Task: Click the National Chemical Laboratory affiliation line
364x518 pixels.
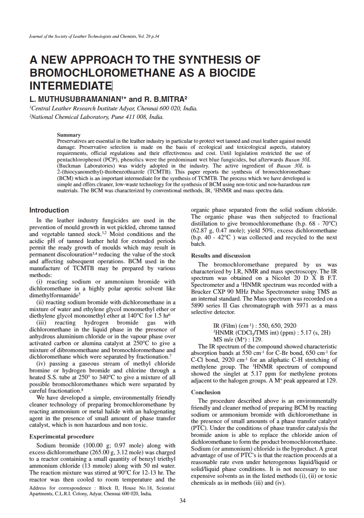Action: [97, 117]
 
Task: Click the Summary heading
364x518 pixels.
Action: [69, 135]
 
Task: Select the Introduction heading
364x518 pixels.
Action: [49, 210]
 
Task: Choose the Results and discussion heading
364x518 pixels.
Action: [221, 256]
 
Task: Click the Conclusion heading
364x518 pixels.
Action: [206, 392]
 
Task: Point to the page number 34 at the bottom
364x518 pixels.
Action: [182, 501]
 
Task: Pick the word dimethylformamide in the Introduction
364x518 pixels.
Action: [53, 295]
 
